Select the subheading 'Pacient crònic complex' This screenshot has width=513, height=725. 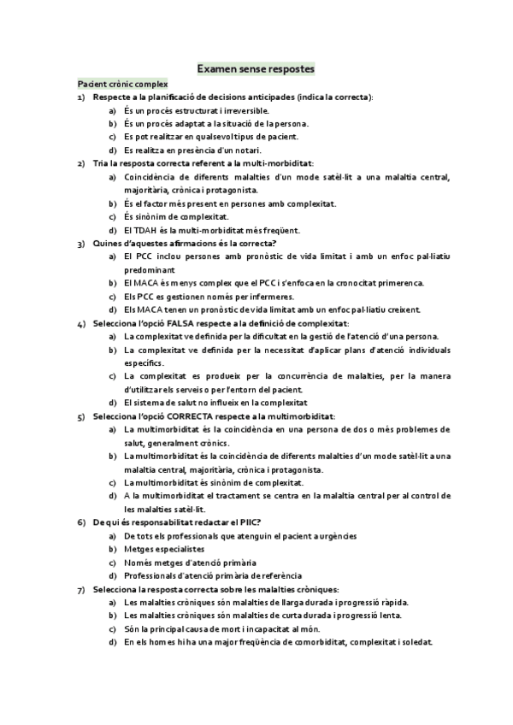point(122,84)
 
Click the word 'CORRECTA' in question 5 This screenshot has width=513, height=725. point(193,416)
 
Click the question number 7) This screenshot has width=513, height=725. point(80,589)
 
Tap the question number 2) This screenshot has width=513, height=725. point(80,163)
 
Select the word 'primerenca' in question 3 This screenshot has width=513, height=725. point(397,283)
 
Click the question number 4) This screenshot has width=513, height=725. point(80,323)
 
